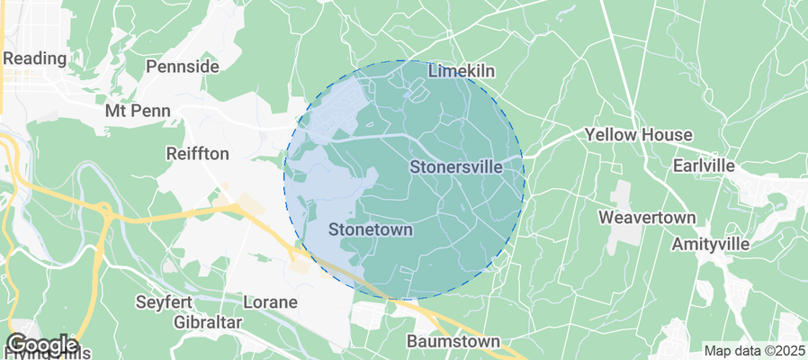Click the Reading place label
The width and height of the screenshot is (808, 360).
(x=35, y=58)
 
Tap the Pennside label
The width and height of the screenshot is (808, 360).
(x=183, y=67)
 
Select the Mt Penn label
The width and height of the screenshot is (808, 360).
(x=137, y=112)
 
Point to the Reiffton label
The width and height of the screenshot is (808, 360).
(x=198, y=154)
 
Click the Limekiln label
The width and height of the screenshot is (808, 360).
(x=462, y=70)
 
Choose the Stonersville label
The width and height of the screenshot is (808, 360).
(x=466, y=166)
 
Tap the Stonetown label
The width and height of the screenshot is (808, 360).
(x=370, y=229)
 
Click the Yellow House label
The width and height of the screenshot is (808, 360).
(x=639, y=135)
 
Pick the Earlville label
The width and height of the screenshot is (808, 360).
(x=704, y=166)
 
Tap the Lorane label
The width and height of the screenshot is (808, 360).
(x=271, y=302)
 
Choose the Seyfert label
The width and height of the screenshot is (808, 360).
(x=165, y=301)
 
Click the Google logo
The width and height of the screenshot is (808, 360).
(x=41, y=345)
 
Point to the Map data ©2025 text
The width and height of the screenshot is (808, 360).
(x=753, y=351)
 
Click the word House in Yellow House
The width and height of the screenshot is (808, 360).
(x=667, y=135)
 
